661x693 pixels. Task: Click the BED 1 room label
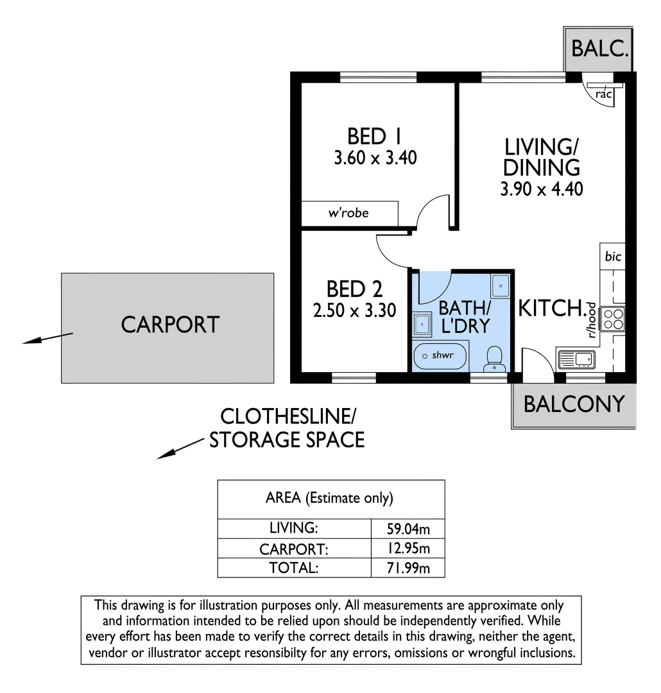375,137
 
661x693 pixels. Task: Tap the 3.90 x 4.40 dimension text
542,189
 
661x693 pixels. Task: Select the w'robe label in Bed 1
348,213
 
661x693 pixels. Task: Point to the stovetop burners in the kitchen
613,319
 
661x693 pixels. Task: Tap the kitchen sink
578,359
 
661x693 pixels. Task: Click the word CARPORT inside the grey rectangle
170,325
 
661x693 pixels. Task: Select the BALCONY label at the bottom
574,404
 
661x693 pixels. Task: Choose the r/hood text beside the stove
591,320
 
